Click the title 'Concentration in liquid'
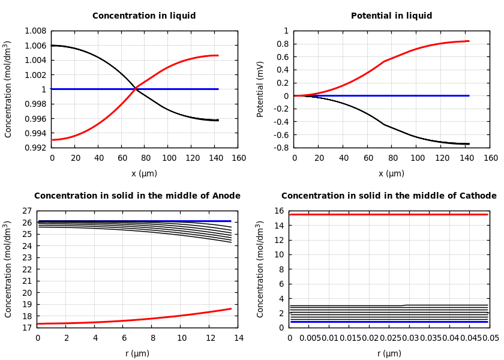[x=144, y=16]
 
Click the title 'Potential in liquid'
[x=391, y=16]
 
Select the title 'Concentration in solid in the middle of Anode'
[x=137, y=196]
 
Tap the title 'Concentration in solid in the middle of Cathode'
[x=389, y=196]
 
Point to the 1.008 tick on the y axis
[x=35, y=31]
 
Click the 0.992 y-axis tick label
[x=35, y=148]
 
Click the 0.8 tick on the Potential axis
[x=281, y=44]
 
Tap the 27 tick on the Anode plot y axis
[x=26, y=211]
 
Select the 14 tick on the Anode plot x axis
[x=238, y=338]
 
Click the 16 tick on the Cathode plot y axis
[x=278, y=211]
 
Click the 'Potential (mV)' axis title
[x=260, y=89]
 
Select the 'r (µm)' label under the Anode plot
[x=137, y=353]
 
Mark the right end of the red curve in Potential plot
[x=469, y=41]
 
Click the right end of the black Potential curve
[x=469, y=144]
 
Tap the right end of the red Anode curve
[x=231, y=308]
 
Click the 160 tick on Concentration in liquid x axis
[x=238, y=158]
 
